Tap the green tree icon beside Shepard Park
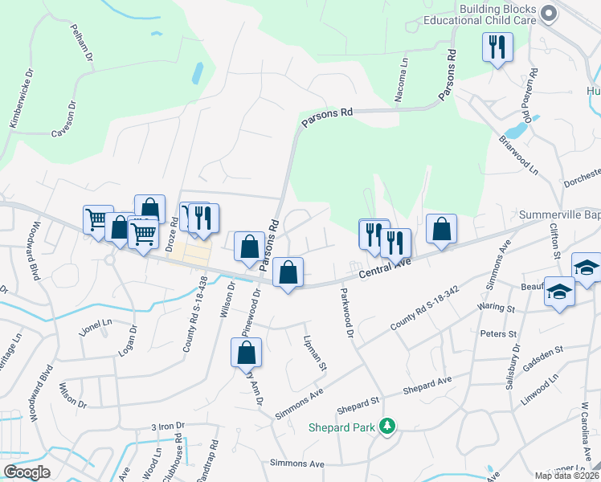387,425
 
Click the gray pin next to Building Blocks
550,13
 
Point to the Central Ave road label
384,270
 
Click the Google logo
27,472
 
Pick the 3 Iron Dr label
168,427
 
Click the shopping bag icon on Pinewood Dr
246,353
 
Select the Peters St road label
497,333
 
